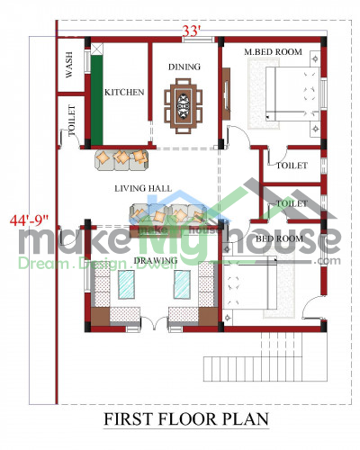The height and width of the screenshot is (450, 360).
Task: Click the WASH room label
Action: coord(69,65)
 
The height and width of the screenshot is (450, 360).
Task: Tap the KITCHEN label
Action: coord(124,92)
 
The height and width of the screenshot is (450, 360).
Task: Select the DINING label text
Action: coord(184,67)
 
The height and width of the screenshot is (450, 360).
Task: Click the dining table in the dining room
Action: coord(183,106)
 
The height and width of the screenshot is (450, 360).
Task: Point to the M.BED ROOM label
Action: coord(273,52)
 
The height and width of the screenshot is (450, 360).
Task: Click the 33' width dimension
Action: coord(192,31)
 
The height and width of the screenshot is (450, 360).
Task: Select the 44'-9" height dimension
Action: coord(29,220)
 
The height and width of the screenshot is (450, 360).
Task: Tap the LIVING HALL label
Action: coord(143,188)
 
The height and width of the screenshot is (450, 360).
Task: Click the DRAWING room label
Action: coord(156,260)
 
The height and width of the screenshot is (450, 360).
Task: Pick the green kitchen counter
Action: coord(97,100)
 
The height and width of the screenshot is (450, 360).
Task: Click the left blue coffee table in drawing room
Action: coord(126,284)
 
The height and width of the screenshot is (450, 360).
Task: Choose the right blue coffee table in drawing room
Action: coord(182,284)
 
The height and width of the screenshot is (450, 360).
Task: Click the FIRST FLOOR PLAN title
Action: coord(186,418)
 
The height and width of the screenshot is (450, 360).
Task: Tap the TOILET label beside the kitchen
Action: coord(71,121)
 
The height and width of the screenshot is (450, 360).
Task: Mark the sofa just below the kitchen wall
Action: coord(121,160)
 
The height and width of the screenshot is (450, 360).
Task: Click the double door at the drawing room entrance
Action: coord(154,323)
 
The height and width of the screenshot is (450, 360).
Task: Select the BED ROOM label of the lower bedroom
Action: coord(279,238)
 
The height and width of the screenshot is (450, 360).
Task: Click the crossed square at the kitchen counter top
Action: coord(97,49)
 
